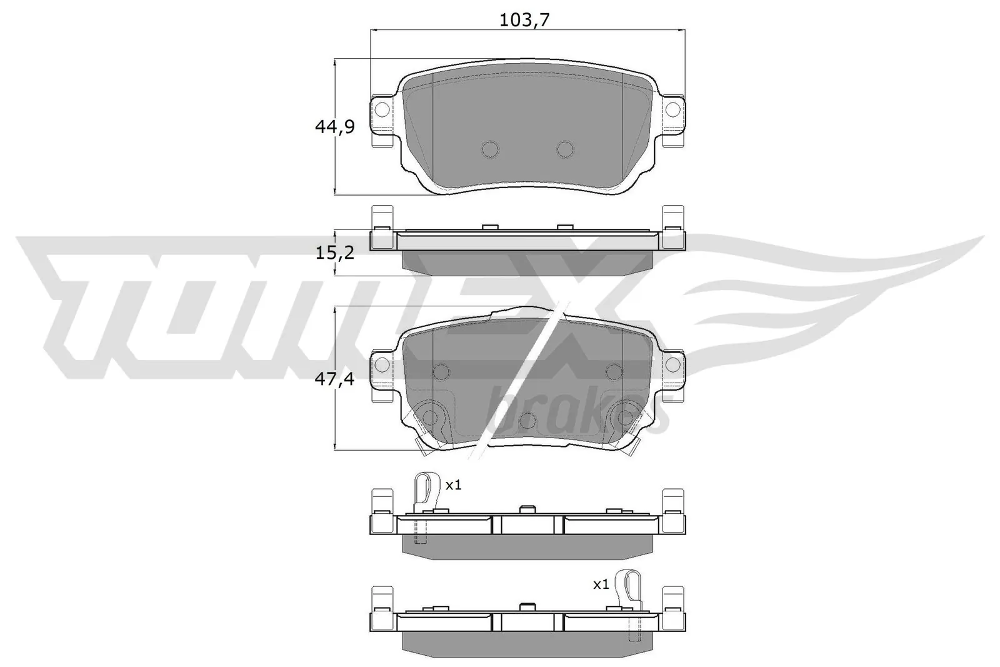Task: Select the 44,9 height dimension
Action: tap(334, 127)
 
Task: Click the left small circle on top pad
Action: tap(490, 149)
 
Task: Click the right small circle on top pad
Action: tap(565, 149)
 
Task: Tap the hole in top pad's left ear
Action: tap(382, 110)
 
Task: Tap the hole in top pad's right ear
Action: tap(672, 110)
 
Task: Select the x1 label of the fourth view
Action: tap(453, 484)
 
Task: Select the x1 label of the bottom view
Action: tap(601, 584)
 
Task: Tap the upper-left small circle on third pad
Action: tap(441, 372)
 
